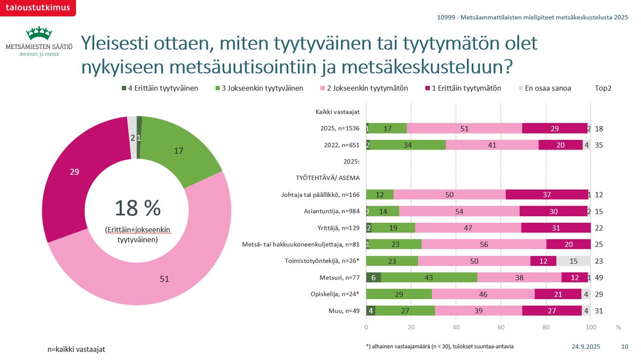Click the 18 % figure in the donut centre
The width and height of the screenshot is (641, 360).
[138, 209]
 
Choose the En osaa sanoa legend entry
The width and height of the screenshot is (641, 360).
[545, 88]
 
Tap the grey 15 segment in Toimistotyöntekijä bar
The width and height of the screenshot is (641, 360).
[574, 261]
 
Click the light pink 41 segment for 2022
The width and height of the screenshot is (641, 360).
[492, 144]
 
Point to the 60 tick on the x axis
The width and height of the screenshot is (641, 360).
[501, 326]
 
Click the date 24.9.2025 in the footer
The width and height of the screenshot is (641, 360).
[585, 347]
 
